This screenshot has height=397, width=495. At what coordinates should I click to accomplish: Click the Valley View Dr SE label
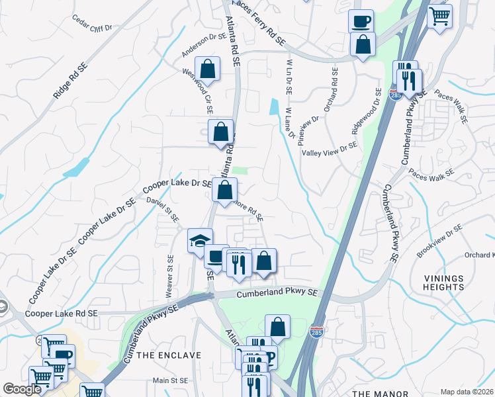pos(329,152)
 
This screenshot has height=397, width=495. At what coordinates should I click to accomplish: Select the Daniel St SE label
pos(163,210)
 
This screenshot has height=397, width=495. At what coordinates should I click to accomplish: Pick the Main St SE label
pos(171,380)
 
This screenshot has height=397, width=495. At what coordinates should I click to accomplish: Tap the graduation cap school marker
pos(201,241)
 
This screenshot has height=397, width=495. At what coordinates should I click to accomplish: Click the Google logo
pos(22,389)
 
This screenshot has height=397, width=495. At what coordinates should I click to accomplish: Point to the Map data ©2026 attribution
pos(467,392)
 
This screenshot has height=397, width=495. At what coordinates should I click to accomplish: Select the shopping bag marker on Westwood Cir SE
pos(207,69)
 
